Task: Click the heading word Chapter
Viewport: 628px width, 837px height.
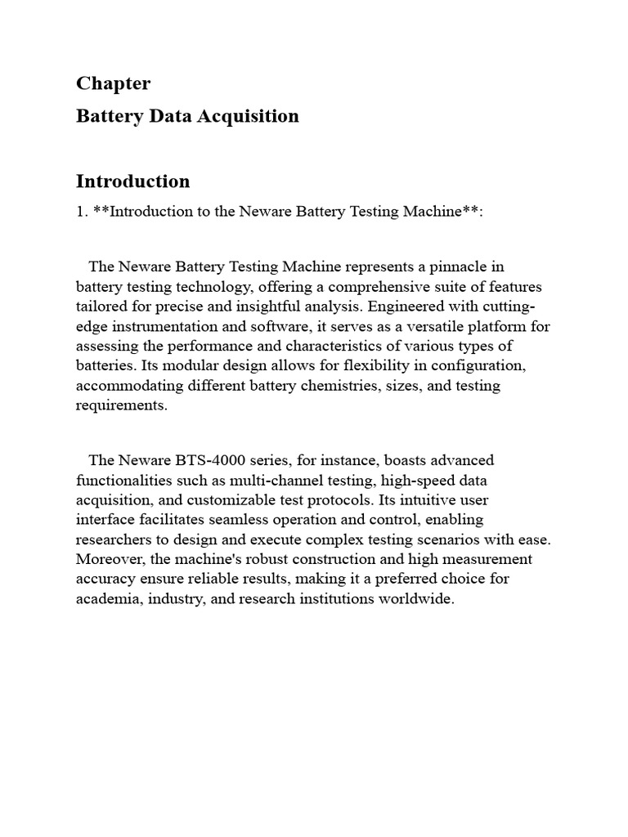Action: click(113, 83)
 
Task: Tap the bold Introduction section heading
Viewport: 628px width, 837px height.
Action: click(132, 181)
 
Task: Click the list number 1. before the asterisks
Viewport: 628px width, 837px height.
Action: click(82, 212)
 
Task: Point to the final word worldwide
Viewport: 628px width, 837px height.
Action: click(412, 599)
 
